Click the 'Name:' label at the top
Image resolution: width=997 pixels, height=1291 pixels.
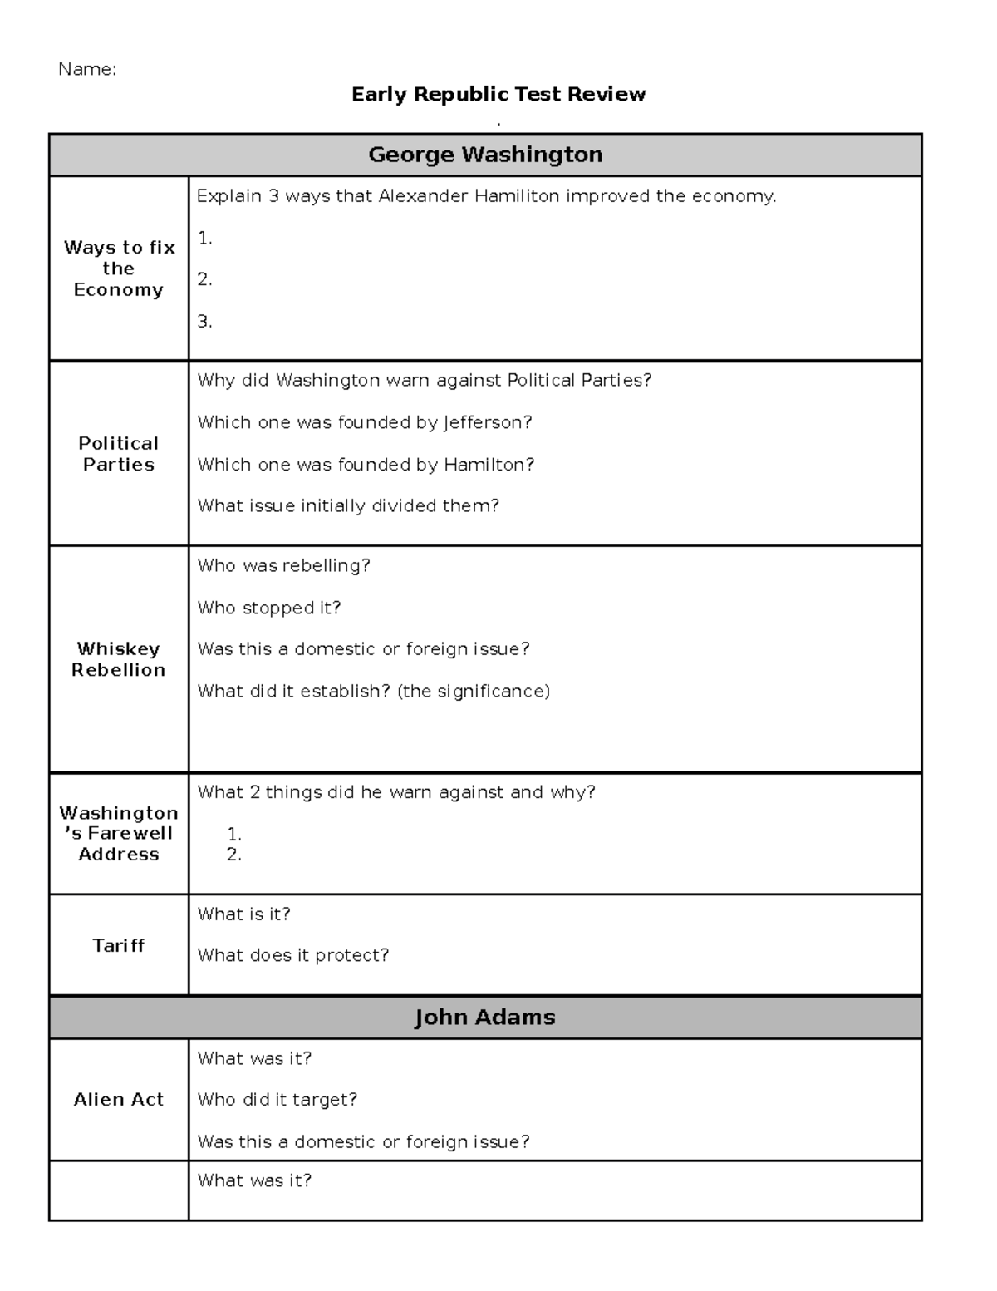click(86, 70)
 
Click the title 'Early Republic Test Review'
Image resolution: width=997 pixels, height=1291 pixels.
click(498, 95)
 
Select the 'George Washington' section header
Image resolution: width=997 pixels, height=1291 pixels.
click(485, 155)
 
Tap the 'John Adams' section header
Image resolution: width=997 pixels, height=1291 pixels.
click(485, 1018)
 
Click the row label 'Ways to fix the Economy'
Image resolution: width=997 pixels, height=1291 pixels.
click(119, 269)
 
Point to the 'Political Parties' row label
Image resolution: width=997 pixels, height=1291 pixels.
click(119, 454)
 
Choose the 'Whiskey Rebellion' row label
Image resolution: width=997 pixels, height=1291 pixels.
click(119, 659)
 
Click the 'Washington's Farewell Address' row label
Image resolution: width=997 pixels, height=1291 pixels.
click(119, 833)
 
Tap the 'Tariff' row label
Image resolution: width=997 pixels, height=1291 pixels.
click(119, 945)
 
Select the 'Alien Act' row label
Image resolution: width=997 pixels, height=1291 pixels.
click(119, 1099)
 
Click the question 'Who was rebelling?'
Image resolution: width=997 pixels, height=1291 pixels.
click(283, 566)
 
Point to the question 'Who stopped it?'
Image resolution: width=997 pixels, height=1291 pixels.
click(269, 608)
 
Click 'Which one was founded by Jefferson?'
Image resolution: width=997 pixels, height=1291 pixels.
click(365, 422)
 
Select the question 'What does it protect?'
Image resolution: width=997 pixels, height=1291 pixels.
click(293, 955)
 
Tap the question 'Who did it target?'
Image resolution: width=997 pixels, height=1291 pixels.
click(277, 1099)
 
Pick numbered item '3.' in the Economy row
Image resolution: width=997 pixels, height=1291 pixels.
click(205, 322)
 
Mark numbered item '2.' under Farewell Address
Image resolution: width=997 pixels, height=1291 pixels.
click(234, 855)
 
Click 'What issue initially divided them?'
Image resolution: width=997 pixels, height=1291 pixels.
click(348, 505)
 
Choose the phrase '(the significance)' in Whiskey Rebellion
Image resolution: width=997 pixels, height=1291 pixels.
click(474, 691)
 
